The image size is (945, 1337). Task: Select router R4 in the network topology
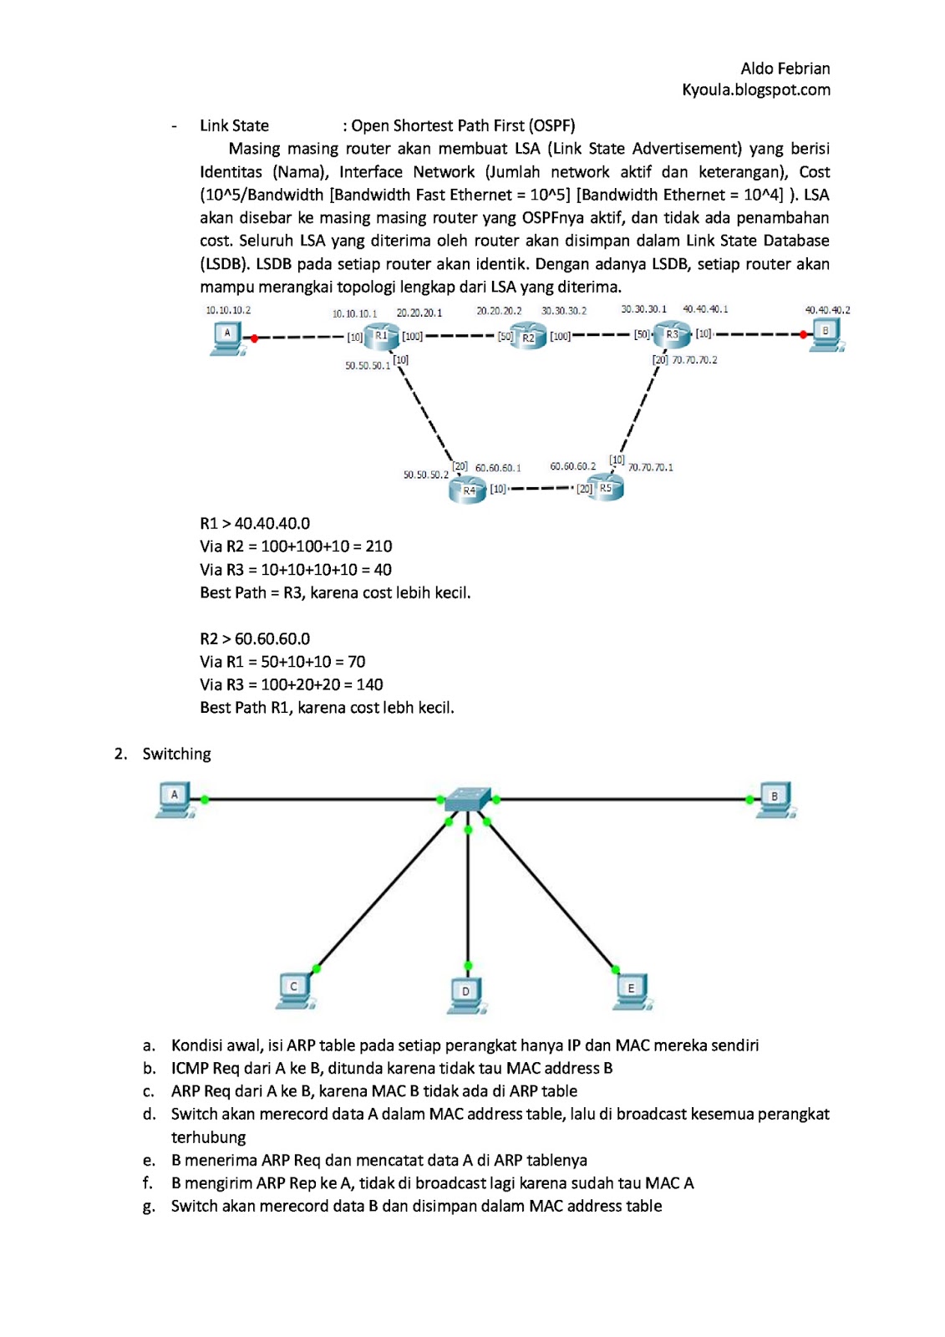click(467, 491)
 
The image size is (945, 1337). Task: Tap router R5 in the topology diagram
click(606, 489)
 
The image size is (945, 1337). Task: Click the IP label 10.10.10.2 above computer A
click(228, 310)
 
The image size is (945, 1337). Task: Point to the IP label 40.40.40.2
click(827, 310)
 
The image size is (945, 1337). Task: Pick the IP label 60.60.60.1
click(498, 468)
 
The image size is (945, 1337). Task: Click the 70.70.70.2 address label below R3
click(694, 360)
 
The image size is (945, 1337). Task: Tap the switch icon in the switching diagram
click(468, 798)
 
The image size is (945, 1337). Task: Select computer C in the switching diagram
click(295, 989)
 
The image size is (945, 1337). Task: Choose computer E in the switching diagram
click(632, 990)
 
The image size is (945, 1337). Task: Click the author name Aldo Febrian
click(785, 69)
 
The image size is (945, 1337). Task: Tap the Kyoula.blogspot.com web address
click(755, 89)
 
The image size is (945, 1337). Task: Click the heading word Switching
click(176, 754)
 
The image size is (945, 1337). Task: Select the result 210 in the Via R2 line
click(379, 546)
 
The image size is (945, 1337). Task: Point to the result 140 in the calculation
click(369, 684)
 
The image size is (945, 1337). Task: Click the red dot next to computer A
click(254, 338)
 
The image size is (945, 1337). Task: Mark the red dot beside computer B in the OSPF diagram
click(803, 334)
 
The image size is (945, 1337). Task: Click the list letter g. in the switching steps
click(149, 1206)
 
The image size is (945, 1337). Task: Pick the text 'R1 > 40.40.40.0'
click(255, 524)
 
